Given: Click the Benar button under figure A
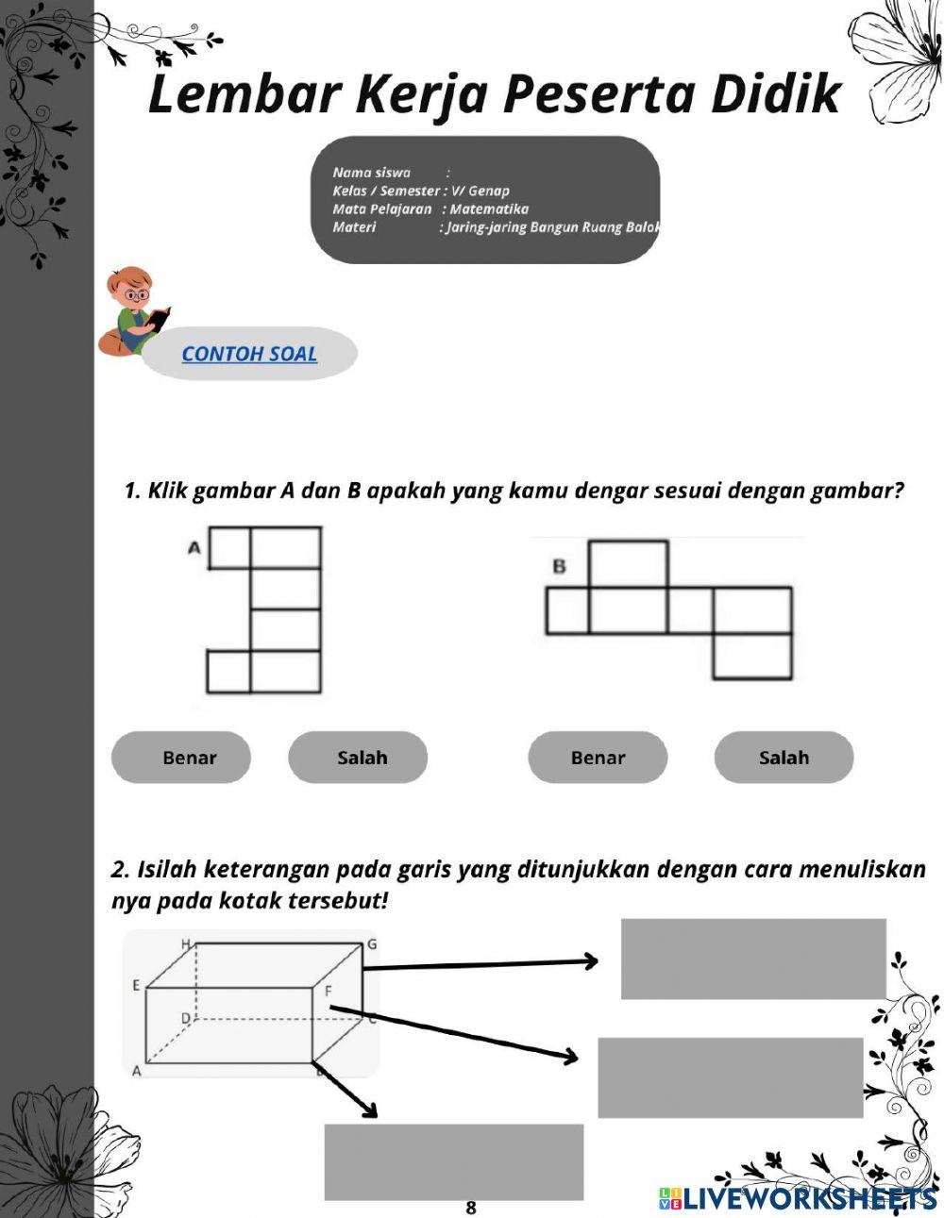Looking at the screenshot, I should pyautogui.click(x=181, y=758).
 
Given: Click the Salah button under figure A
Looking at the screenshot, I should pyautogui.click(x=358, y=758).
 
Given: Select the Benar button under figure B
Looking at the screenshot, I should pyautogui.click(x=598, y=758).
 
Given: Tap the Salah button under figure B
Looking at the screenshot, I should pyautogui.click(x=784, y=758).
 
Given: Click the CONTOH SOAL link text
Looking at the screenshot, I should pyautogui.click(x=249, y=354).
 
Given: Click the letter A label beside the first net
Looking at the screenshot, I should pyautogui.click(x=194, y=546).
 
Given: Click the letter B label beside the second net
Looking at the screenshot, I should pyautogui.click(x=559, y=566).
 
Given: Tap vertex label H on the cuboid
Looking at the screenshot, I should pyautogui.click(x=186, y=943).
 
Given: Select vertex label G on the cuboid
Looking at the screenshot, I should pyautogui.click(x=372, y=943).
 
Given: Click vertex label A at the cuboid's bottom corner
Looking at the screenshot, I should pyautogui.click(x=136, y=1071).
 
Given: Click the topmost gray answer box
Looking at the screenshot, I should pyautogui.click(x=753, y=959).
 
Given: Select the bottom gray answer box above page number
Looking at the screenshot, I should pyautogui.click(x=453, y=1161).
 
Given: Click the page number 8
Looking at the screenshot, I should pyautogui.click(x=471, y=1208).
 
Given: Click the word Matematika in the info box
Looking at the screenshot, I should pyautogui.click(x=489, y=209).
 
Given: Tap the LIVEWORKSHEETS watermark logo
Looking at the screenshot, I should pyautogui.click(x=798, y=1198).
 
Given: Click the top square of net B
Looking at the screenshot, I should pyautogui.click(x=629, y=563).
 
